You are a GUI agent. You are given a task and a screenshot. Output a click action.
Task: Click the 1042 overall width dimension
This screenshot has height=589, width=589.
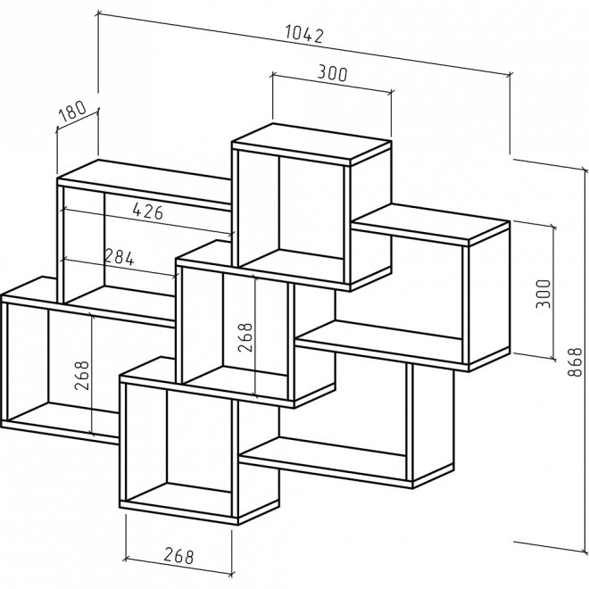click(x=303, y=34)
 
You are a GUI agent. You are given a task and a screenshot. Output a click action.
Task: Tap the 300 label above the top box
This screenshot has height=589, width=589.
click(x=331, y=74)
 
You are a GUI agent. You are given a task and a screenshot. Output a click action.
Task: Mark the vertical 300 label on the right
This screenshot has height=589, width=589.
click(x=544, y=294)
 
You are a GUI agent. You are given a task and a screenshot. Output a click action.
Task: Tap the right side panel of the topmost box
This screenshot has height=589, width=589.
click(x=369, y=214)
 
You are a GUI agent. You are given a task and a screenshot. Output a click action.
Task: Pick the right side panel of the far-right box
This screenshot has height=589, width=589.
click(x=486, y=294)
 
